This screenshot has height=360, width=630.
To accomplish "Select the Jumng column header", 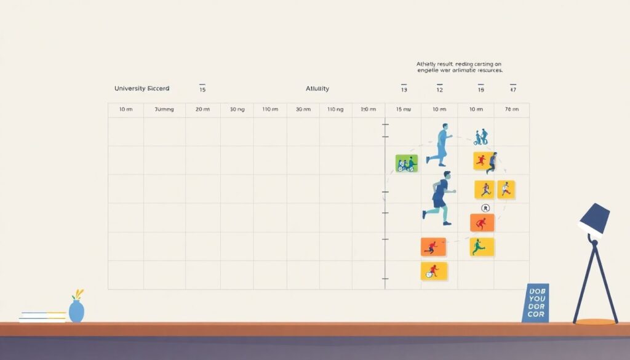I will pos(164,110).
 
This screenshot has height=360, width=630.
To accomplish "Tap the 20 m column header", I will pos(202,110).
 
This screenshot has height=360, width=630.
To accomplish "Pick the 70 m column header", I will pos(512,110).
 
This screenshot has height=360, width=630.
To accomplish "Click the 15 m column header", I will pos(404,110).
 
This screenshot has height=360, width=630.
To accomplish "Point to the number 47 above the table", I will pos(513,90).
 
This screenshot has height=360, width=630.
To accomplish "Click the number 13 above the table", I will pos(404,90).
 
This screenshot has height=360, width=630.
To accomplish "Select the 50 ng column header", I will pos(237,110).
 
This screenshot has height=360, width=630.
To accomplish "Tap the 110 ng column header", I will pos(335,110).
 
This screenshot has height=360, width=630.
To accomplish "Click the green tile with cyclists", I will pos(407,163).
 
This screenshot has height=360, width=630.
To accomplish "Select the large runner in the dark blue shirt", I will pos(441,198).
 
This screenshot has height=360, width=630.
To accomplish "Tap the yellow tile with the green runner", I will pos(482,247).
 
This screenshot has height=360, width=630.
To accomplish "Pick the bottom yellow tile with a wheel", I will pos(434,271).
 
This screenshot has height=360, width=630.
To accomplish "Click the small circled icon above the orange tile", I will pos(485,208).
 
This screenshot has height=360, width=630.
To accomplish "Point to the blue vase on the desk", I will pos(76,311).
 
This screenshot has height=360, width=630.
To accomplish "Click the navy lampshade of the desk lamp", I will pos(594,218).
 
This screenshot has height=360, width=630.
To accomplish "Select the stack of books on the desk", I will pos(42,317).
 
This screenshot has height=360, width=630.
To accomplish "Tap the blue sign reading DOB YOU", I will pos(535,303).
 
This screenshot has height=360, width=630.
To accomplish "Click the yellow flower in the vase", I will pos(78,294).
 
